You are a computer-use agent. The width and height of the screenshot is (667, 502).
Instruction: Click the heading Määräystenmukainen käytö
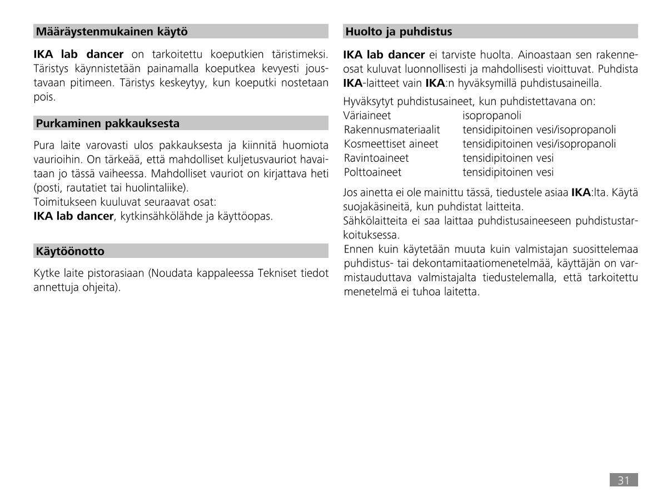pyautogui.click(x=112, y=32)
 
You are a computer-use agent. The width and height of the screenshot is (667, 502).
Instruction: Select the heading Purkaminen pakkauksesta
pyautogui.click(x=108, y=123)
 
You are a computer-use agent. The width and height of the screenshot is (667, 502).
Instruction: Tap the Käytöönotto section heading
pyautogui.click(x=70, y=251)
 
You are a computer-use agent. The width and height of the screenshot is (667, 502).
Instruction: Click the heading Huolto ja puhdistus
pyautogui.click(x=399, y=32)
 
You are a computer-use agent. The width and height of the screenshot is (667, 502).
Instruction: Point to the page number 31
pyautogui.click(x=623, y=480)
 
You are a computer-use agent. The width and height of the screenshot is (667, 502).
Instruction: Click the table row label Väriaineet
pyautogui.click(x=367, y=116)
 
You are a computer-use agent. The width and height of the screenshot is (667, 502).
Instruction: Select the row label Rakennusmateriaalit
pyautogui.click(x=392, y=130)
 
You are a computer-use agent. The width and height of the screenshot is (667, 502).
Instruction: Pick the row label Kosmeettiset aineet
pyautogui.click(x=391, y=144)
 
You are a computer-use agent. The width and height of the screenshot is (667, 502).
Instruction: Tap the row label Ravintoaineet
pyautogui.click(x=376, y=158)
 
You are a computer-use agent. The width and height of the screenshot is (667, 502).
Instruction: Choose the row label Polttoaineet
pyautogui.click(x=372, y=172)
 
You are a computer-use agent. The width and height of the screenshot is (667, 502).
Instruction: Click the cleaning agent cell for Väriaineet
pyautogui.click(x=492, y=116)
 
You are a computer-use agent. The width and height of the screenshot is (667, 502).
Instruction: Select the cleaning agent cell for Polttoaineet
pyautogui.click(x=508, y=172)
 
